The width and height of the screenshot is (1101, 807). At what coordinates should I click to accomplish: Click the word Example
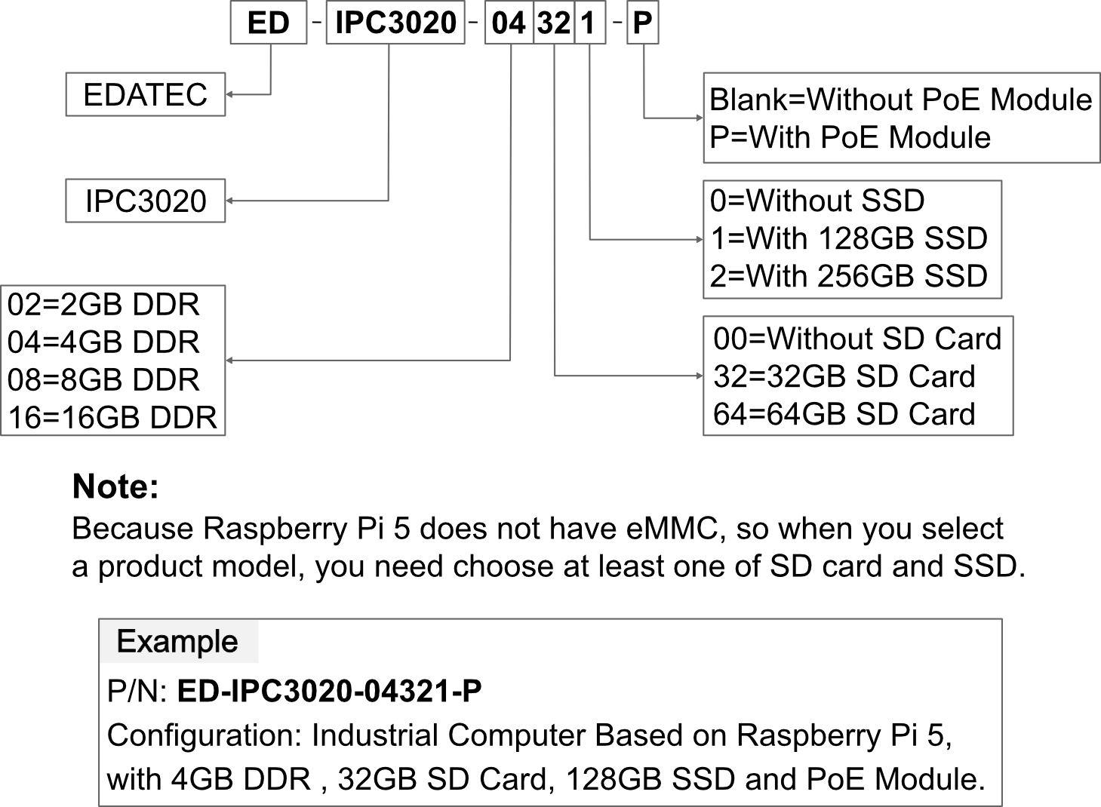tap(177, 642)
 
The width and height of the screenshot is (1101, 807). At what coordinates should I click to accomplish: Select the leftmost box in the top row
tap(269, 23)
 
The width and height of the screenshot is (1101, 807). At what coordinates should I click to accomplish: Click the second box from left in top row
tap(395, 23)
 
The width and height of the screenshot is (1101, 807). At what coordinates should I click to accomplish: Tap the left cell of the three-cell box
tap(509, 23)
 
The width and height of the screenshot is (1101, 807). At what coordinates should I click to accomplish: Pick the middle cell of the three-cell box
tap(554, 23)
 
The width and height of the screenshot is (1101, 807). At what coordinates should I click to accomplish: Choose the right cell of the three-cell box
tap(590, 23)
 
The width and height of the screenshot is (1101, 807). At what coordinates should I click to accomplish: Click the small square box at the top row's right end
tap(643, 23)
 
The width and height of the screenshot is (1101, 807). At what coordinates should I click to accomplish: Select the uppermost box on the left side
tap(146, 94)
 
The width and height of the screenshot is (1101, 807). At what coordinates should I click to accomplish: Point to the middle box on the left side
tap(146, 201)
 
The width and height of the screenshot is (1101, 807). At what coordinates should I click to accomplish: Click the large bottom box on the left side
tap(113, 361)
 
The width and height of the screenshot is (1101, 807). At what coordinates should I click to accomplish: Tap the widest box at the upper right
tap(901, 118)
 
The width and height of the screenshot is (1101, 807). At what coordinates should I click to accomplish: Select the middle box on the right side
tap(853, 239)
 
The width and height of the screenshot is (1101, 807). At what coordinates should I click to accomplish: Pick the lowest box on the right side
tap(858, 376)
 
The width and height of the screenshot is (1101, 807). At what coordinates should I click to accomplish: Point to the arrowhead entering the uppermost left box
tap(229, 94)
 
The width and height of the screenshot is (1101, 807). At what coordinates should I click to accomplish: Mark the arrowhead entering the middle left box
tap(229, 201)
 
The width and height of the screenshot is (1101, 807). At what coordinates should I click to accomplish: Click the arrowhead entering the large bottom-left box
tap(229, 361)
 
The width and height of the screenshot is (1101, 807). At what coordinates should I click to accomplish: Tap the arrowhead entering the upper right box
tap(700, 118)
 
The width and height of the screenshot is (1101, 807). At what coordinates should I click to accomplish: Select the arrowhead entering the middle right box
tap(700, 239)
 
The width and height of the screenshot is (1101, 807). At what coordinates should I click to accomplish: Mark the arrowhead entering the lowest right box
tap(700, 376)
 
